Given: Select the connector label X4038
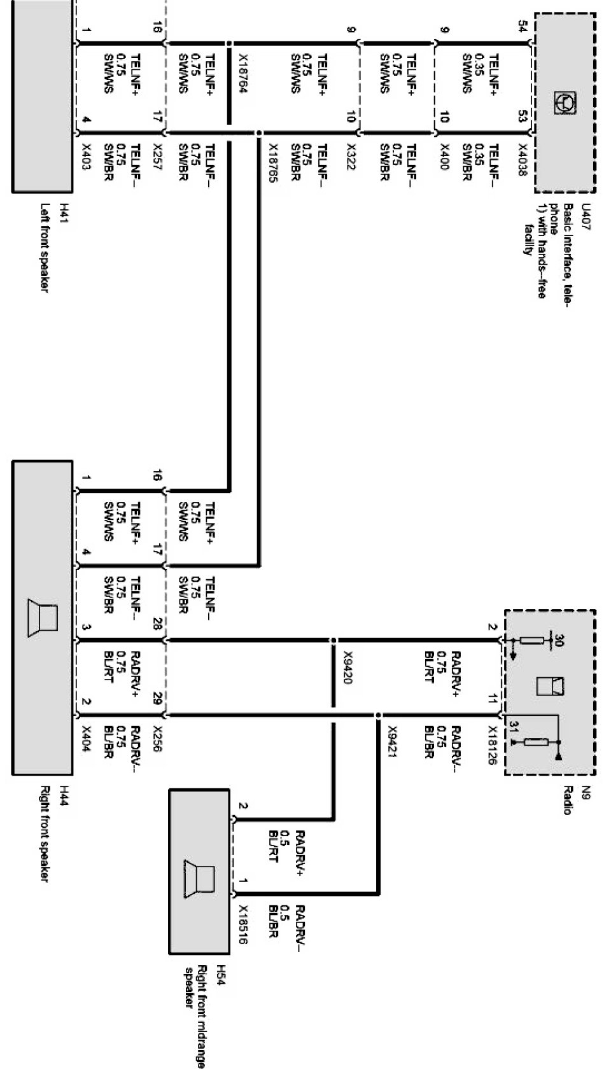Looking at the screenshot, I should (520, 160).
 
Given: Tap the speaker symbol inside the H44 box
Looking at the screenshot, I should (43, 617).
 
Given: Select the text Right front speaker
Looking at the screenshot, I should (45, 833).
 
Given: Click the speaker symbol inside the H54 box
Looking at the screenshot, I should (199, 879).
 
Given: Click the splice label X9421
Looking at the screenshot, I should (392, 747).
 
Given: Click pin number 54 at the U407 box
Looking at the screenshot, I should (523, 27).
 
